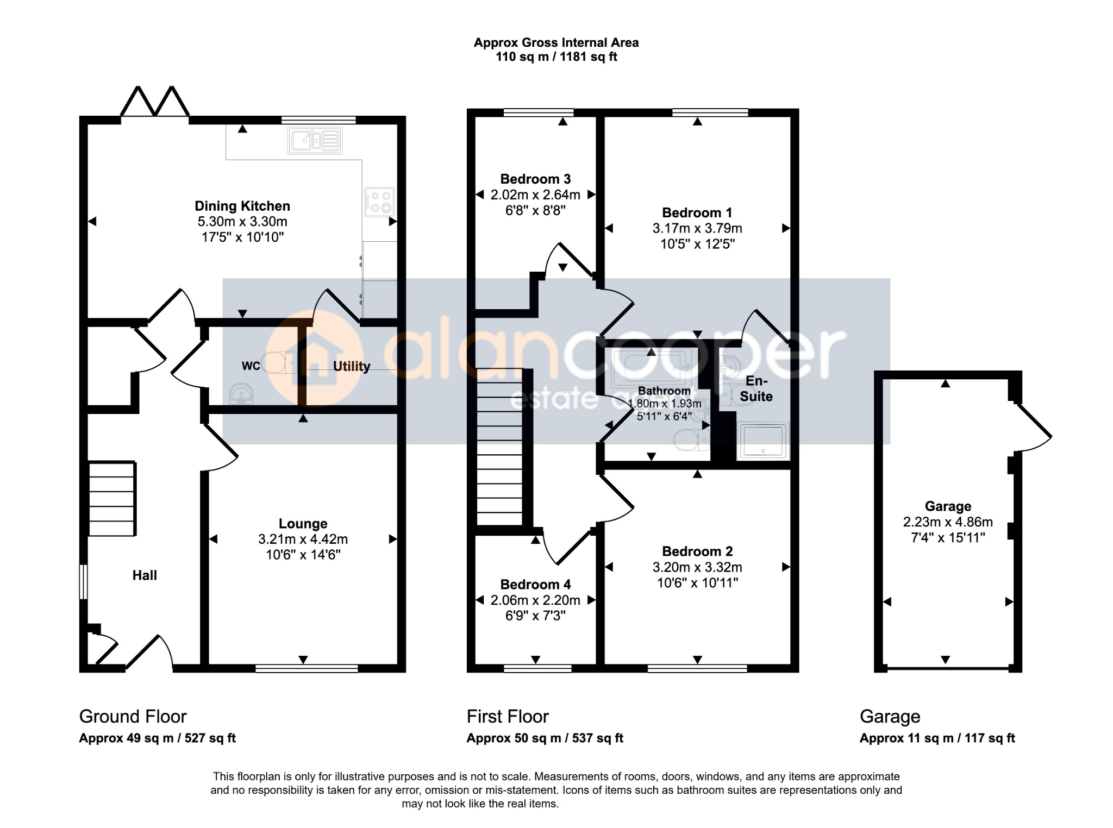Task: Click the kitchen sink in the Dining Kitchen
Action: pos(315,141)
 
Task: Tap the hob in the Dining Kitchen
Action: pos(379,202)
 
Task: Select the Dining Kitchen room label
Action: pos(242,206)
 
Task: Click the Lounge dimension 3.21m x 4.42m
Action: pos(303,539)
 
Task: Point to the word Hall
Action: pos(145,575)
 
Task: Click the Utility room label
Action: pos(352,366)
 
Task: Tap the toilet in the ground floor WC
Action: pos(279,362)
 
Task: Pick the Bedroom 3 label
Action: pos(535,179)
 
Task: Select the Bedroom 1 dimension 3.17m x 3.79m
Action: pos(697,228)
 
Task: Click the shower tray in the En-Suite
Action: pos(763,441)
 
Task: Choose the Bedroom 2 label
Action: pos(697,551)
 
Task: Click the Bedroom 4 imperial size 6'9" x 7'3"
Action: pos(535,616)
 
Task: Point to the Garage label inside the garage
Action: pos(948,506)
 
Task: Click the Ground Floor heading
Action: pos(133,717)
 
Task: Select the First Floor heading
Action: pos(508,717)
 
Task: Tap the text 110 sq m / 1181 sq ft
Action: pos(556,57)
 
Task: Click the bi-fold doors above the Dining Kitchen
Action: pos(155,101)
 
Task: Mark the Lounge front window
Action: pos(307,668)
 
